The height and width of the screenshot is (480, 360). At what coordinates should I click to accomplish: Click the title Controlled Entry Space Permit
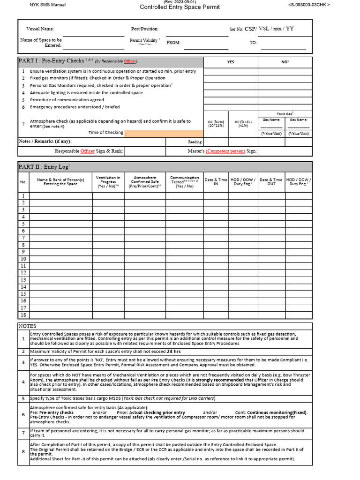174,7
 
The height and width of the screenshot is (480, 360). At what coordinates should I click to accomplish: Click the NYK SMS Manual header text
47,5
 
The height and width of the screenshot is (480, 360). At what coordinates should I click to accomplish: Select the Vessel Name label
40,29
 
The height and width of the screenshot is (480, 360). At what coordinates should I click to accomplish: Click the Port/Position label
145,29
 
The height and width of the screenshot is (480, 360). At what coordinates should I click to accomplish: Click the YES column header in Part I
231,62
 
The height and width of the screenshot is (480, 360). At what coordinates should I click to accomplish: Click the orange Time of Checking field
164,133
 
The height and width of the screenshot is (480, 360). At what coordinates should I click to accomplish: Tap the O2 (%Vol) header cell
216,124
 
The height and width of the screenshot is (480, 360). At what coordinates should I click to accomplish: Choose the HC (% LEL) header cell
243,124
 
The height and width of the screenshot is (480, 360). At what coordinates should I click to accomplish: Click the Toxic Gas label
285,113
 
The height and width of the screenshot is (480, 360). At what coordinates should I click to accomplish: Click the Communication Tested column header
184,182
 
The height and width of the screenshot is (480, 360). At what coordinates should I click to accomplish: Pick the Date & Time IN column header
216,182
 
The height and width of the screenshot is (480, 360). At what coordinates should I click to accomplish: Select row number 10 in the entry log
23,259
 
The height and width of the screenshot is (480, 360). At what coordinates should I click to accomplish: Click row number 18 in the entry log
23,315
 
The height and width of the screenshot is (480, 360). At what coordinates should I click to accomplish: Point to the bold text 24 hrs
173,351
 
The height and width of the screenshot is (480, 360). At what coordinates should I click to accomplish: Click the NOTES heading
27,326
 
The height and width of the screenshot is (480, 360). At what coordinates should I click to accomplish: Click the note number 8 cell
23,452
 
